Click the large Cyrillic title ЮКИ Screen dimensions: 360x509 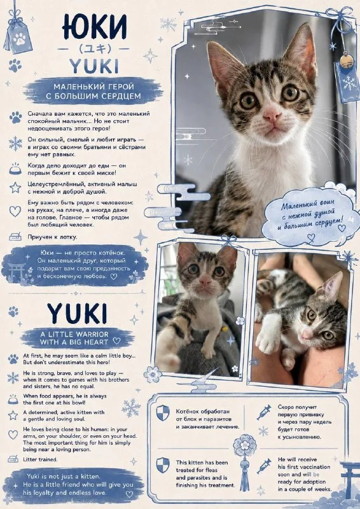tap(95, 27)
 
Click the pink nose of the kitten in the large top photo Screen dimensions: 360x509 tap(272, 115)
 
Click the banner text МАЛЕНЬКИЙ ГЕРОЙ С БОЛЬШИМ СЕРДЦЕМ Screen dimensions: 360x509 tap(93, 91)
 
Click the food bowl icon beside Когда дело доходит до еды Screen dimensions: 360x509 tap(15, 169)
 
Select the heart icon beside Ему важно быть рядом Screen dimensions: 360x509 tap(15, 211)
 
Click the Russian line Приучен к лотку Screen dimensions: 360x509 tap(52, 237)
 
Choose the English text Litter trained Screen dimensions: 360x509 tap(40, 459)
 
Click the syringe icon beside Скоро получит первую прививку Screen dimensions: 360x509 tap(264, 412)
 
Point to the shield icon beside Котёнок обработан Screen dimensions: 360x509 tap(163, 413)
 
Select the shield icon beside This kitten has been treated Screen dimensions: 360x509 tap(163, 465)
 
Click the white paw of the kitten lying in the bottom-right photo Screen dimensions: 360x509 tap(268, 341)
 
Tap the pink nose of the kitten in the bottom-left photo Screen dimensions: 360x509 tap(205, 281)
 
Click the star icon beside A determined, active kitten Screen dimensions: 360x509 tap(13, 415)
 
